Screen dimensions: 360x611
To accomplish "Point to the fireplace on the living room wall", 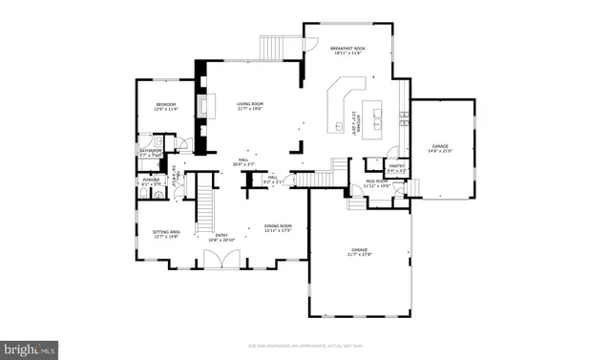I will point(201,104).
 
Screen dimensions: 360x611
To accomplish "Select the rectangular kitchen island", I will point(373,114).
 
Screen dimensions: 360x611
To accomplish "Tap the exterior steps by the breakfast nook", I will point(276,47).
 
